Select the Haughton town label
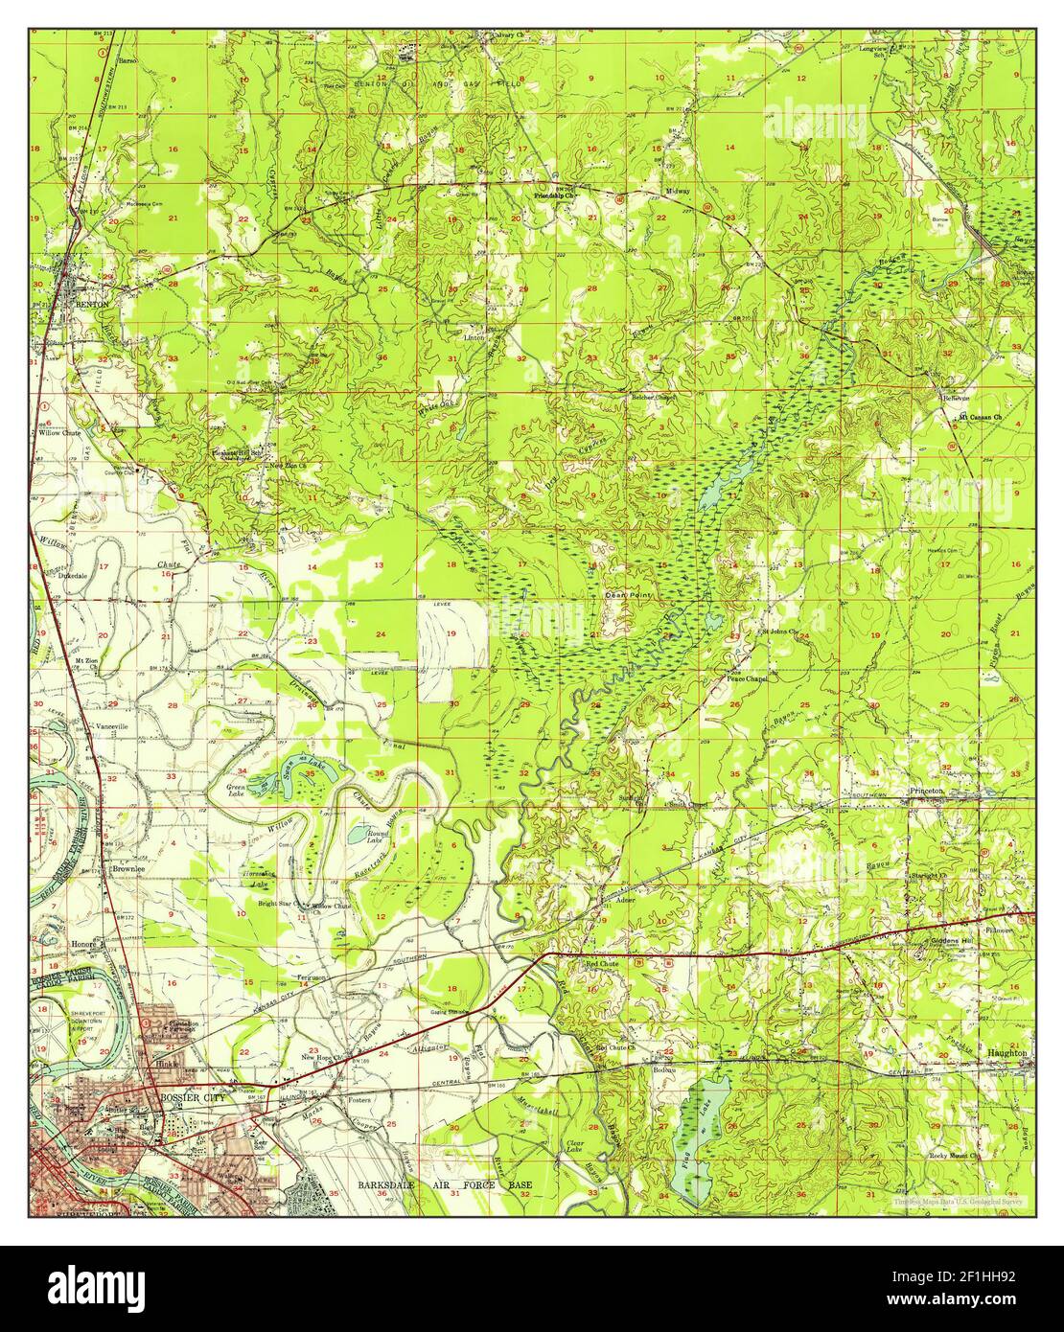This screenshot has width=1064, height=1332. click(x=1006, y=1052)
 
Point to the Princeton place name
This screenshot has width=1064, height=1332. click(x=926, y=791)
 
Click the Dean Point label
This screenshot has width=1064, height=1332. click(x=620, y=594)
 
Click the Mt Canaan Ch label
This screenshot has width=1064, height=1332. click(x=979, y=417)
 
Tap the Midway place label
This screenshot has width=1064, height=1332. click(x=679, y=192)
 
